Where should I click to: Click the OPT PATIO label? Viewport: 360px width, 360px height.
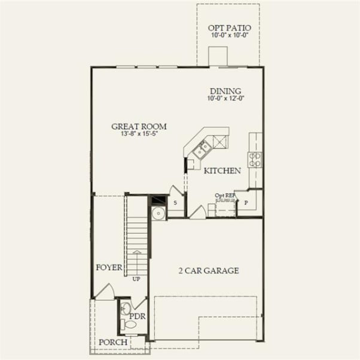(x=229, y=28)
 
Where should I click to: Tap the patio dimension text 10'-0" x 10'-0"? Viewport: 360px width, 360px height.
(x=229, y=36)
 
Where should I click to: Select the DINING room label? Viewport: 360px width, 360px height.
(x=225, y=91)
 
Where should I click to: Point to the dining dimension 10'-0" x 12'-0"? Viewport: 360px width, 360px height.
(x=226, y=98)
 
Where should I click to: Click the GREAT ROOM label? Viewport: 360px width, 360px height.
(x=139, y=126)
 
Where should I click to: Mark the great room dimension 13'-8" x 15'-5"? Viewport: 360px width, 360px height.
(x=139, y=134)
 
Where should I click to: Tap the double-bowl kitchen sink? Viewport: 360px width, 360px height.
(x=202, y=148)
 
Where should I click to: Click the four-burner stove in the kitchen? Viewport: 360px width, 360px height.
(x=255, y=159)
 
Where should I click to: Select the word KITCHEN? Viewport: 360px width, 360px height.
(x=222, y=171)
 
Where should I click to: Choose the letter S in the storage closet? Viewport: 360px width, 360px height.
(x=175, y=203)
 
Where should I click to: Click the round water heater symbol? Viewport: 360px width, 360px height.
(x=158, y=213)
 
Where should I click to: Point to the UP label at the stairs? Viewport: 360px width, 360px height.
(x=136, y=279)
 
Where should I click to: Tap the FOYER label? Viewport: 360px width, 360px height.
(x=109, y=267)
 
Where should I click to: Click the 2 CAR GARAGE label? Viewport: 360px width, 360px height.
(x=209, y=271)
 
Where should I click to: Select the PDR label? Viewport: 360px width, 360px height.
(x=138, y=316)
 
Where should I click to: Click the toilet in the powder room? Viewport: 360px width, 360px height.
(x=128, y=325)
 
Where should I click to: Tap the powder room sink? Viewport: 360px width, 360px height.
(x=124, y=309)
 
